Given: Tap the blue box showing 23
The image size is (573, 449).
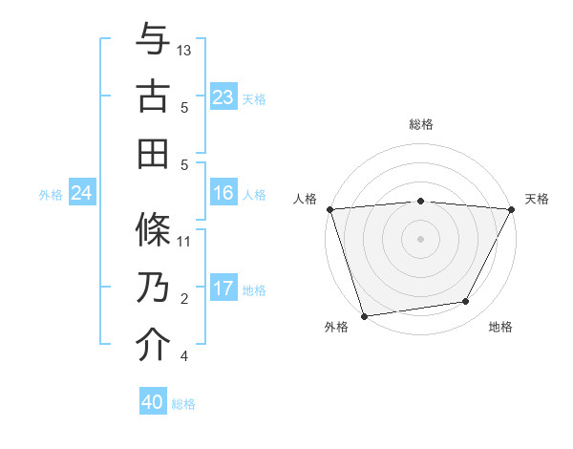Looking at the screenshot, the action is point(223,97).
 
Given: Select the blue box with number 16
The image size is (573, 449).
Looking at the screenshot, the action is point(223,193).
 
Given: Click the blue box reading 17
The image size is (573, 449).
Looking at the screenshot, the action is point(223,288).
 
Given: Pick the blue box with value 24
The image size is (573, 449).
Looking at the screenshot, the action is point(82,194).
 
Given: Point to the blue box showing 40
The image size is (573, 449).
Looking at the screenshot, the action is point(153,402).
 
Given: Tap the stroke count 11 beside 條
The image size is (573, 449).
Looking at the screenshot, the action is point(185,241).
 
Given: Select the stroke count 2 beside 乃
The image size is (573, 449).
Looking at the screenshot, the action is point(184,299).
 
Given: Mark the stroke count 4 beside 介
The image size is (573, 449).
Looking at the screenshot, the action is point(184,356).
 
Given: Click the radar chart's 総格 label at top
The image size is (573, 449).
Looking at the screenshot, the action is point(421,124).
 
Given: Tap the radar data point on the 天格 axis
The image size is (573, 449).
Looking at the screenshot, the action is point(512,209).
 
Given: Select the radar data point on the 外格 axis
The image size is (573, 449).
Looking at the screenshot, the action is point(364,315).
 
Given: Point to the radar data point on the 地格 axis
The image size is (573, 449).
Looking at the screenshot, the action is point(466,302).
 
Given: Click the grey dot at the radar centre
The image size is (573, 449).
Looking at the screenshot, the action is point(420,238).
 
